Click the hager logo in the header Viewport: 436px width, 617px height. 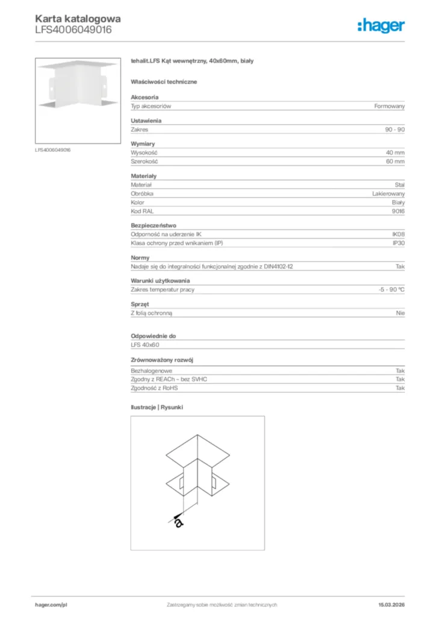tap(381, 25)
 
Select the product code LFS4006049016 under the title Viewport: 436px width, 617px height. tap(73, 29)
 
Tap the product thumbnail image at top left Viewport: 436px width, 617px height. tap(78, 100)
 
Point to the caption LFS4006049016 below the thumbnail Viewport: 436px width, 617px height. tap(52, 149)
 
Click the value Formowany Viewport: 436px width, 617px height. tap(389, 106)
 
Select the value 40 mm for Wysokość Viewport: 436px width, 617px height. tap(395, 153)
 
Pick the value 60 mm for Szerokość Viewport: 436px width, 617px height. tap(395, 161)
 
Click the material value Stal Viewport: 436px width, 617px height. tap(399, 185)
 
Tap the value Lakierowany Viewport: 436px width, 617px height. tap(388, 193)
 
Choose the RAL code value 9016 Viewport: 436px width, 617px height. tap(398, 211)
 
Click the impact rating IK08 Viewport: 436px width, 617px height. tap(398, 234)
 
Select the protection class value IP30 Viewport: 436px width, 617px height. tap(398, 243)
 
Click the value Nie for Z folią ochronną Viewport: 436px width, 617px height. tap(400, 313)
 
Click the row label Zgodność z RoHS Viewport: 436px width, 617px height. tap(154, 388)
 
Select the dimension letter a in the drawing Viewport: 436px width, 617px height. tap(178, 522)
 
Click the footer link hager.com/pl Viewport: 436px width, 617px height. tap(51, 604)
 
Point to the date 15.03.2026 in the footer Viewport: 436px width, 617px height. tap(391, 604)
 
